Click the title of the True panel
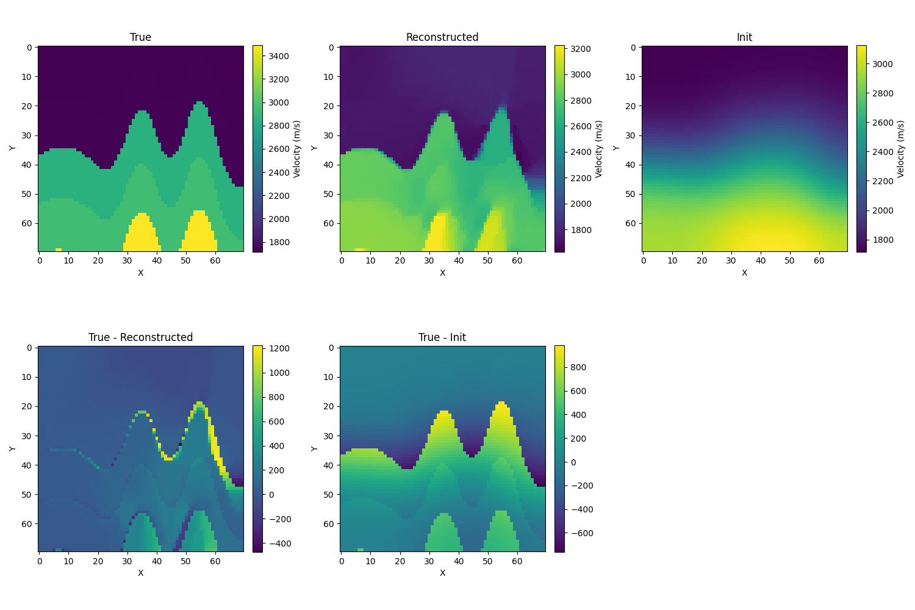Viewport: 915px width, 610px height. (x=140, y=37)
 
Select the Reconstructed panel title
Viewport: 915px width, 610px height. (x=442, y=37)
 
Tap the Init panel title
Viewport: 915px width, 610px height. (x=744, y=37)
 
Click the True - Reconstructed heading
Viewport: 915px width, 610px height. (x=140, y=337)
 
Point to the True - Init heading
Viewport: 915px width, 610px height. (x=442, y=337)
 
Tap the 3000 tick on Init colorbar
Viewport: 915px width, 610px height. (x=881, y=64)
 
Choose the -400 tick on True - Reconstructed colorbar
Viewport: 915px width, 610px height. (x=276, y=544)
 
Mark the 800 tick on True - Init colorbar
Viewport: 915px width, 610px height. (x=578, y=367)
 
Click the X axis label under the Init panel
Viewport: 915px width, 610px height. (x=744, y=273)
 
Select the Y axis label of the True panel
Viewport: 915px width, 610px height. (x=12, y=148)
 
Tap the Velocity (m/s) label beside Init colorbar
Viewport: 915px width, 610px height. (x=902, y=148)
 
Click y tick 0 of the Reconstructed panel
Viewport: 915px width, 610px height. (x=331, y=48)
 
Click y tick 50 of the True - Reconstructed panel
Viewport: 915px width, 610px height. (x=27, y=494)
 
